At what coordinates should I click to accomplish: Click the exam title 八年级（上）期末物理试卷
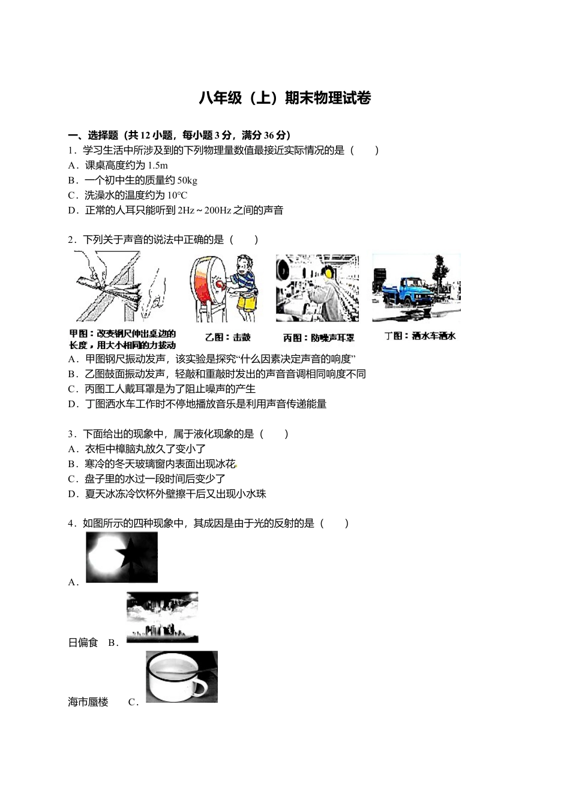(x=285, y=98)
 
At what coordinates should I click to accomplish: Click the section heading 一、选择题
(x=93, y=136)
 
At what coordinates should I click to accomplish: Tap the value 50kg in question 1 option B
(x=187, y=181)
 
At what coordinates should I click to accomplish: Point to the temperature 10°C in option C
(x=177, y=196)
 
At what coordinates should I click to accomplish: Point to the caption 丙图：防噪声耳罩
(x=319, y=338)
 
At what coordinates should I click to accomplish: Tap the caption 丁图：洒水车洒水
(x=420, y=336)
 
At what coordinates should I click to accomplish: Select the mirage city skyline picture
(x=162, y=618)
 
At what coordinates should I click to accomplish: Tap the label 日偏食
(x=83, y=643)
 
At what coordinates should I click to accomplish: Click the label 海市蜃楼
(x=88, y=702)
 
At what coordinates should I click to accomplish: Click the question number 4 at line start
(x=71, y=524)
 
